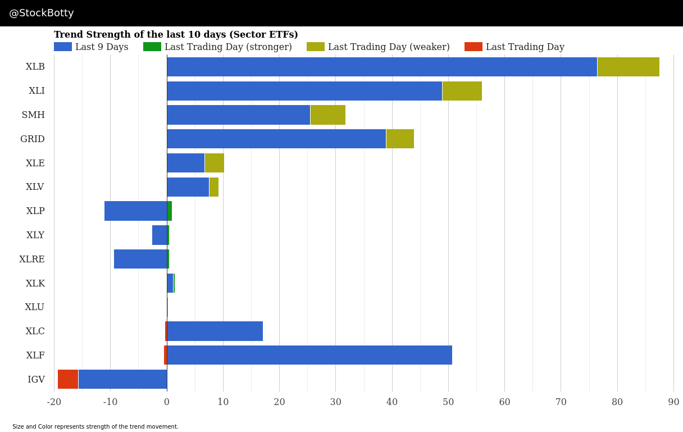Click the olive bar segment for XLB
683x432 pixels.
(x=628, y=67)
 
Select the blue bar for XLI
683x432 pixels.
(x=304, y=91)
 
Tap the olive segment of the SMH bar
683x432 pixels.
(x=327, y=115)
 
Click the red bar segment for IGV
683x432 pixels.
(x=68, y=379)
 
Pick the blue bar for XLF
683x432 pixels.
(x=309, y=355)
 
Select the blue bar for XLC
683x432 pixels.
(x=215, y=331)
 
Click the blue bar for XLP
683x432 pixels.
(x=135, y=211)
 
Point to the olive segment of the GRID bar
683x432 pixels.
(x=400, y=139)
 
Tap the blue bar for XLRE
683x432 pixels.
(x=140, y=259)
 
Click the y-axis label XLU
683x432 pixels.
(x=34, y=307)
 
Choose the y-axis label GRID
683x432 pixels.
(x=33, y=139)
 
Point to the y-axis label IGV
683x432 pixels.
(x=36, y=380)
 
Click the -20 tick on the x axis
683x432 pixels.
(x=54, y=402)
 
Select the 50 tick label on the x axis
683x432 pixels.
(x=448, y=402)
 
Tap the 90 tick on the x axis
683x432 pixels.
(x=673, y=402)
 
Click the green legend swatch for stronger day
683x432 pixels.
(x=152, y=47)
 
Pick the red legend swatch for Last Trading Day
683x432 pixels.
(x=473, y=47)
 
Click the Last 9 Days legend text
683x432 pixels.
(x=102, y=47)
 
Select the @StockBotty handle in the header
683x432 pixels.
(x=42, y=13)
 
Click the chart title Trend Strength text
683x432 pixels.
(x=176, y=35)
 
